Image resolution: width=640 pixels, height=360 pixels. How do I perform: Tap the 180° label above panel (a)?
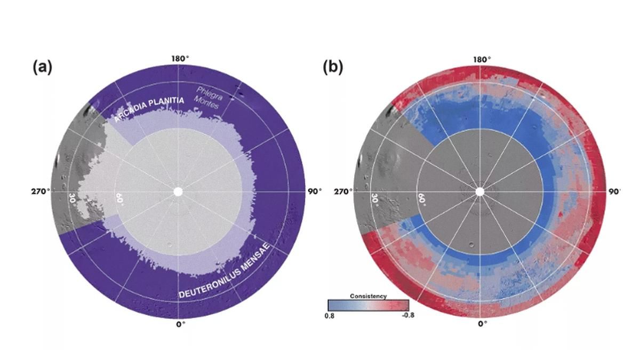coord(179,58)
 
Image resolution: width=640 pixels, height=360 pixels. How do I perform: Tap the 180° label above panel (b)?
coord(480,59)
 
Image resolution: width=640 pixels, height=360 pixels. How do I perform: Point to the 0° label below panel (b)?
coord(482,324)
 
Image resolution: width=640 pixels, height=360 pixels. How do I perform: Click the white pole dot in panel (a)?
coord(178,191)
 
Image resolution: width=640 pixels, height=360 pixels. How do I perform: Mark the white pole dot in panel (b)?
coord(479,191)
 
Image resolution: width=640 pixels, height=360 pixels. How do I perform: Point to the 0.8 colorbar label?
coord(331,315)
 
